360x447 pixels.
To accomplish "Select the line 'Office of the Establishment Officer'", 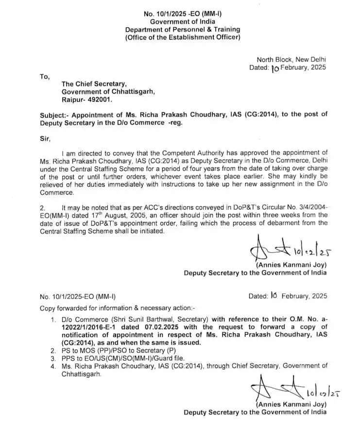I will click(x=182, y=38).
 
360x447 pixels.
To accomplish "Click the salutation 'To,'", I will click(x=45, y=76).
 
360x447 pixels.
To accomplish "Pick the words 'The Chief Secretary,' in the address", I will click(x=91, y=84).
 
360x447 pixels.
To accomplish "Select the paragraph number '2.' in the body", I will click(x=43, y=207).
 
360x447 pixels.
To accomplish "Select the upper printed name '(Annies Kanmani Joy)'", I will click(x=291, y=265).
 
